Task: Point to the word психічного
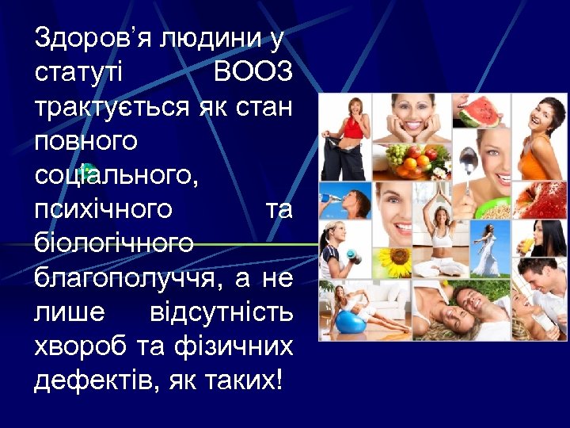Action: (103, 209)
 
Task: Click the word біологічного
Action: (113, 243)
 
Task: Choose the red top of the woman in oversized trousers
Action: (351, 126)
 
